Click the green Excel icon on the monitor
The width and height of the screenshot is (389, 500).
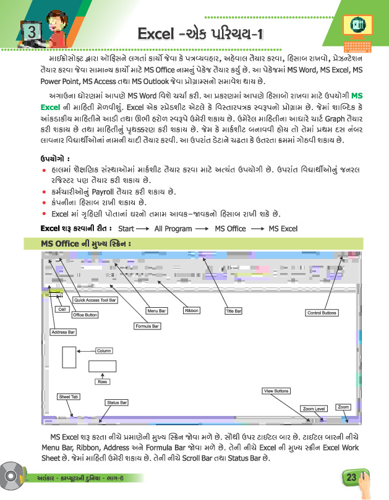point(357,25)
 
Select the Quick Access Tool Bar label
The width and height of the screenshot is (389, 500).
point(95,300)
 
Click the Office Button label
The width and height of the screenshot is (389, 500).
point(85,315)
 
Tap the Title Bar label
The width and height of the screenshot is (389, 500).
point(234,311)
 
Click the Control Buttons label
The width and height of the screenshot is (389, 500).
point(322,313)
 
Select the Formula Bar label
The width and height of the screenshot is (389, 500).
point(147,325)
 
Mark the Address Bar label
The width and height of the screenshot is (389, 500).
point(63,332)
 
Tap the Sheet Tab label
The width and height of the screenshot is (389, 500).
point(68,396)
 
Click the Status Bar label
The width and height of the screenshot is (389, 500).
point(116,402)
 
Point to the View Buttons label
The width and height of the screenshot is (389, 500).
point(276,391)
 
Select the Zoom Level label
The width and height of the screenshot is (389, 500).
point(314,409)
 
